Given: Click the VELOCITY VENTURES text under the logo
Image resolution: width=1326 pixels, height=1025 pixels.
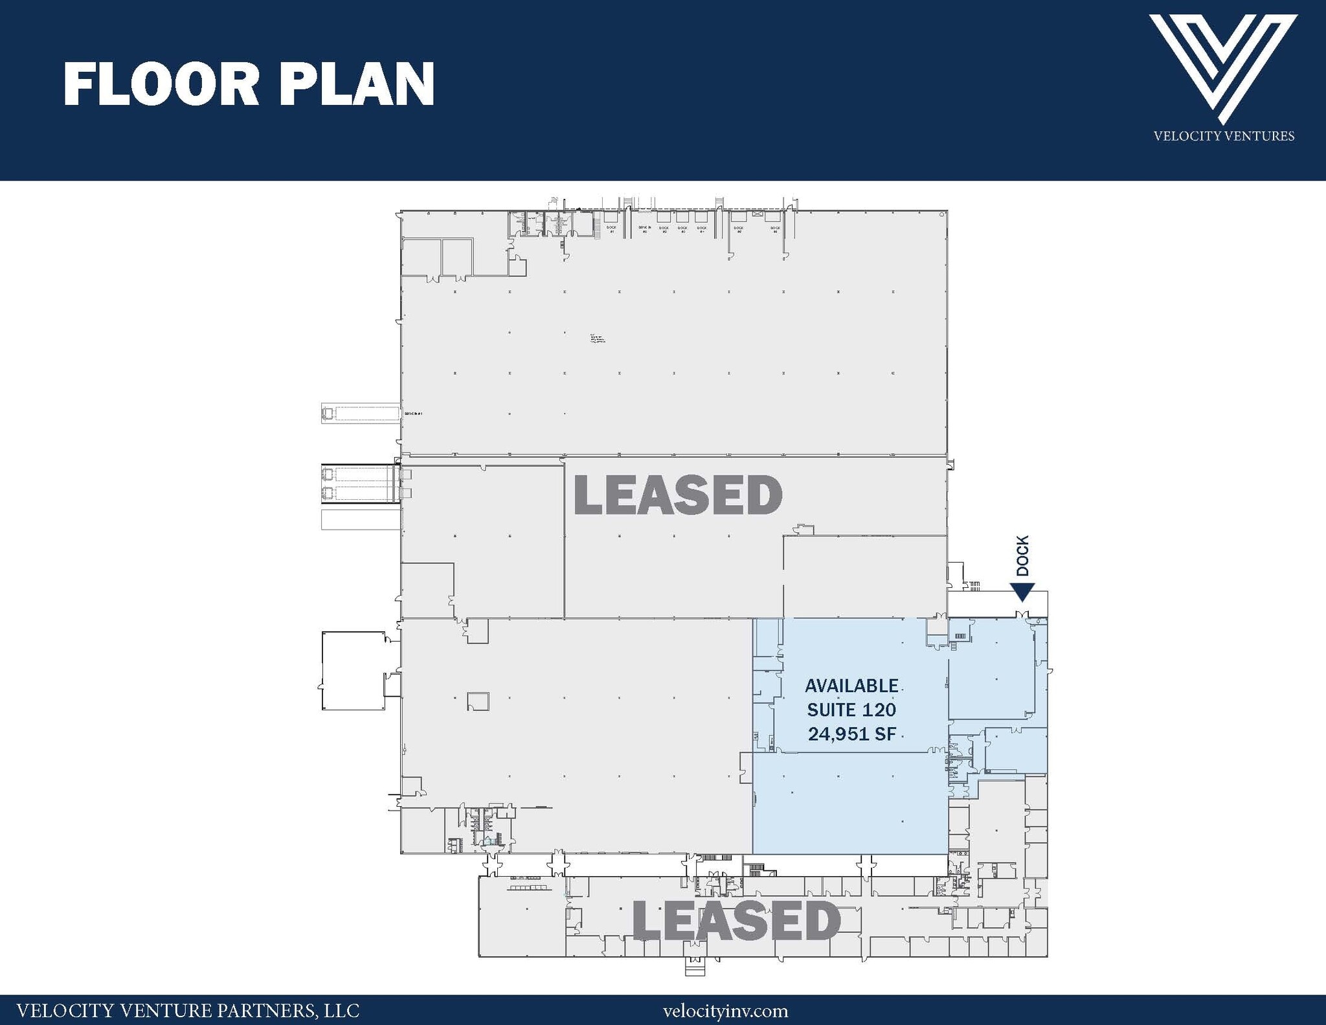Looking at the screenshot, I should coord(1224,136).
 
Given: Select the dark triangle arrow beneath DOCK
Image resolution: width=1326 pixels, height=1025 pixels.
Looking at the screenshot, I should coord(1022,592).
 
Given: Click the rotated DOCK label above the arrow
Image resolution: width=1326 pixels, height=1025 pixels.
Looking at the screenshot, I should coord(1022,556).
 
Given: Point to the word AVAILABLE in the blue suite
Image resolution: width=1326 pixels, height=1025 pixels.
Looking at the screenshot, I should coord(851,686).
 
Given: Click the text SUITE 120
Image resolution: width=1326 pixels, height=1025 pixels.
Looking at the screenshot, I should coord(851,710).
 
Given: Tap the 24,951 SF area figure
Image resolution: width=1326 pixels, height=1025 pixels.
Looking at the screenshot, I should coord(851,734).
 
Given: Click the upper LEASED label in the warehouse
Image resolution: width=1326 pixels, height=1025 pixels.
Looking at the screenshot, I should coord(678,495).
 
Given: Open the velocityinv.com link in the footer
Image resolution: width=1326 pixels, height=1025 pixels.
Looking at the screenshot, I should coord(725,1011).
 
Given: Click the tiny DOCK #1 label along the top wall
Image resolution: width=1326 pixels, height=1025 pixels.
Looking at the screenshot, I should coord(611,229).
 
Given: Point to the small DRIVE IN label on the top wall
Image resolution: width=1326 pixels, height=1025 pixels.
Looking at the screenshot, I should coord(644,229).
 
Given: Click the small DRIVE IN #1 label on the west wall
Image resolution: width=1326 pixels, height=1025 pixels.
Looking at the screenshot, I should coord(413,413).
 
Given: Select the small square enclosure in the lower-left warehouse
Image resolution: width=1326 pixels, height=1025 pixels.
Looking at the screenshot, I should coord(478,701).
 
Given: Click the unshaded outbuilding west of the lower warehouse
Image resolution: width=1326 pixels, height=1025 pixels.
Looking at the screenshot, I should coord(353,671).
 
